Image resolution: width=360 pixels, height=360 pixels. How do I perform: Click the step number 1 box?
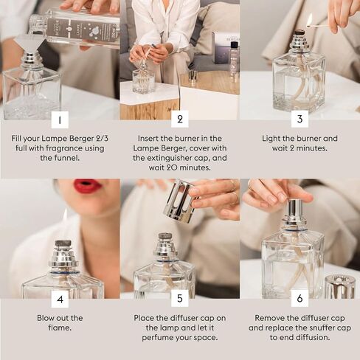(60, 120)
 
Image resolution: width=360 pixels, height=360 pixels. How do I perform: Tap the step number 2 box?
(180, 119)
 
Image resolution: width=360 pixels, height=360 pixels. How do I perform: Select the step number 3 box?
(300, 119)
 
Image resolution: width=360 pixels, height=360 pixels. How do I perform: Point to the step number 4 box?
(60, 299)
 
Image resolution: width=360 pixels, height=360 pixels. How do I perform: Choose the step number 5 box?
(180, 298)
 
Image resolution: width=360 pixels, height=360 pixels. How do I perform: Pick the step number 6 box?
(300, 298)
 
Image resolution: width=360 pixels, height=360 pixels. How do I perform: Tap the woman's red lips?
(88, 186)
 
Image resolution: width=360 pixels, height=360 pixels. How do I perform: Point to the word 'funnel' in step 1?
(67, 158)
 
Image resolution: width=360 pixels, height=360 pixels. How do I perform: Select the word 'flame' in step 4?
(60, 328)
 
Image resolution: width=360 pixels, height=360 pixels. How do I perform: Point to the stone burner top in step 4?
(63, 243)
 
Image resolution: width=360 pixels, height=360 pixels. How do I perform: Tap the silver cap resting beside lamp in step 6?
(340, 287)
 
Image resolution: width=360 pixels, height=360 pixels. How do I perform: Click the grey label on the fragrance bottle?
(83, 30)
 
